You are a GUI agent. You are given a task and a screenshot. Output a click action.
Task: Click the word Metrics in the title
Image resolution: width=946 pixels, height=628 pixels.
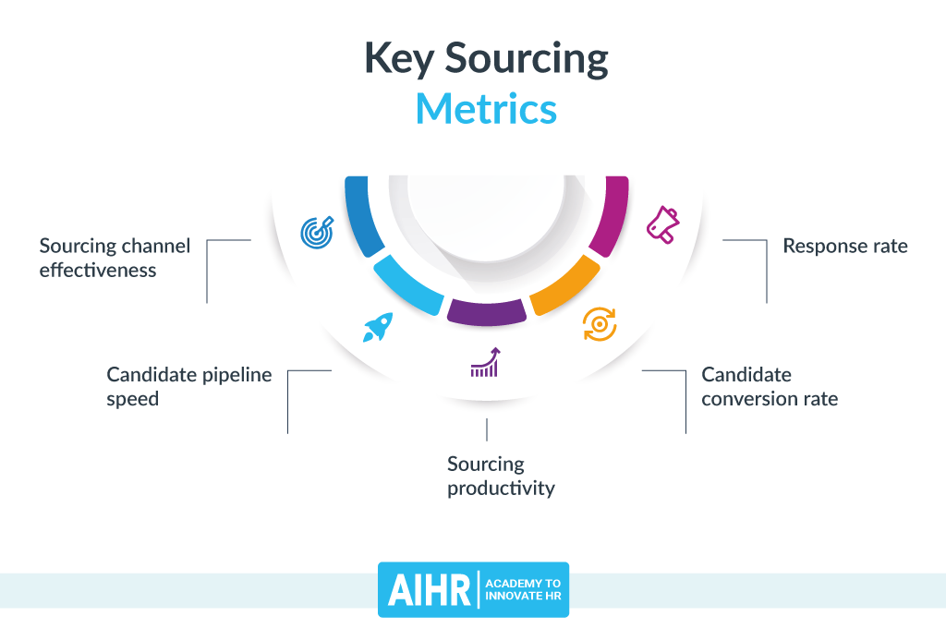486,109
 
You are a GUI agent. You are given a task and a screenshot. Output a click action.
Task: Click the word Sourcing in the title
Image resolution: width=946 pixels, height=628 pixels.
527,59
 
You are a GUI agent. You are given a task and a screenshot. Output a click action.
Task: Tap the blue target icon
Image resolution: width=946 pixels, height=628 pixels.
318,232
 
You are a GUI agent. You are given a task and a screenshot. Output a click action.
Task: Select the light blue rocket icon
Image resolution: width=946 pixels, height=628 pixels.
378,327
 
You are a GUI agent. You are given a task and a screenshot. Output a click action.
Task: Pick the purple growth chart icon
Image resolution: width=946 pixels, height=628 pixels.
486,362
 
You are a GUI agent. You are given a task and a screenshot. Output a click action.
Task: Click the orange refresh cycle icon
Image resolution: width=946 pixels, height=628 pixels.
600,324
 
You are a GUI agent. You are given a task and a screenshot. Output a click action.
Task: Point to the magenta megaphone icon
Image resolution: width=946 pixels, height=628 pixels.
662,224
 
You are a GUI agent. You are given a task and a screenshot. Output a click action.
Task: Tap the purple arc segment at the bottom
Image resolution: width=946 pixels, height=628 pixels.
487,312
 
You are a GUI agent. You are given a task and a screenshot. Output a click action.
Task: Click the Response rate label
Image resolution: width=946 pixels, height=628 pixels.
845,247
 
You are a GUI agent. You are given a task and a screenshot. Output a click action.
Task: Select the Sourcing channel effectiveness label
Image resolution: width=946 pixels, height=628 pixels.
115,259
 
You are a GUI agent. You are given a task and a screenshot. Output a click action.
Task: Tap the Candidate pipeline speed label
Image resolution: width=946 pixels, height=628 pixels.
188,387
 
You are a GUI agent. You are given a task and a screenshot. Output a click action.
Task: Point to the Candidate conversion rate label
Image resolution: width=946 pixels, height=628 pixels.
770,387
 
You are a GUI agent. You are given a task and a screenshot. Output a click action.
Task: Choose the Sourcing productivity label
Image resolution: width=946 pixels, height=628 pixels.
501,476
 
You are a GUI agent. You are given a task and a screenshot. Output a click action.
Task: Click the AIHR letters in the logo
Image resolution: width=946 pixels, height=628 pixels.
429,590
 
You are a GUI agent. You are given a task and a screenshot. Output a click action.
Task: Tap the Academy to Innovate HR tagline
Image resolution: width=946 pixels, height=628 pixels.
523,589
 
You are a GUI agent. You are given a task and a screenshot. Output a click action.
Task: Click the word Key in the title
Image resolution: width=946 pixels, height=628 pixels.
399,59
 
